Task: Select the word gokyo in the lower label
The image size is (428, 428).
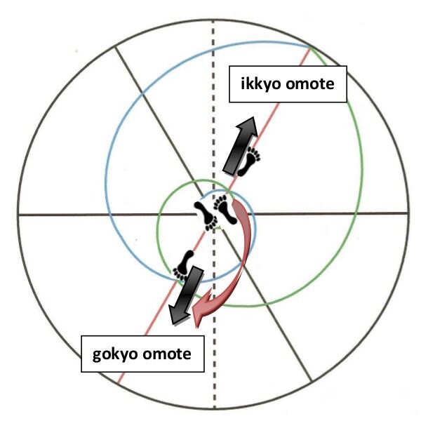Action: [116, 353]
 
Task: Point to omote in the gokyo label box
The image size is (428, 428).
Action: [166, 353]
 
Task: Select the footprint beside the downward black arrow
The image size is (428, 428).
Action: [185, 263]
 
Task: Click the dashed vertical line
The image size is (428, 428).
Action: [214, 105]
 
